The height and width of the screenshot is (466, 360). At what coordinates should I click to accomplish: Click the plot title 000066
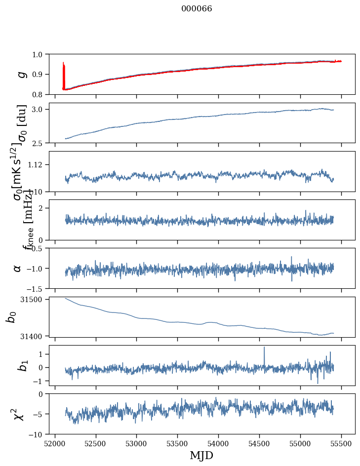point(197,8)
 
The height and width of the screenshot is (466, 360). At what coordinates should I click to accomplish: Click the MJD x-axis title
point(201,455)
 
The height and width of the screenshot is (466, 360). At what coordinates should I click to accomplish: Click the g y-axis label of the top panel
point(21,74)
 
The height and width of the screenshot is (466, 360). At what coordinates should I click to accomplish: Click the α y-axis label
point(18,268)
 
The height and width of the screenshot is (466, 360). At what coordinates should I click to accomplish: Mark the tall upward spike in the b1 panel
point(264,348)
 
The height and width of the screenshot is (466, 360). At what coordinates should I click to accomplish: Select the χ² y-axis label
point(19,414)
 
